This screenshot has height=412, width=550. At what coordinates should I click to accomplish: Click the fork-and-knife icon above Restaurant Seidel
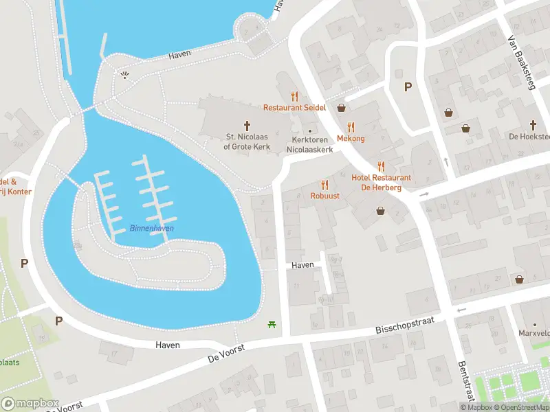coord(295,96)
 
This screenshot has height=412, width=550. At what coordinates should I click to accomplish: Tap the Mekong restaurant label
coord(351,138)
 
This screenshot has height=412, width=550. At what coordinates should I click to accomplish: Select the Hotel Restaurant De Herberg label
coord(380,177)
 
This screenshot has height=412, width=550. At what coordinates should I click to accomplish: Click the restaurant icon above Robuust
coord(324,184)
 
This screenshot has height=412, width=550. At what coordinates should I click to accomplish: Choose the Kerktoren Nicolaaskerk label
coord(309,144)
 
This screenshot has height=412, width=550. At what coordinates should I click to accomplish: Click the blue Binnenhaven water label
coord(151,228)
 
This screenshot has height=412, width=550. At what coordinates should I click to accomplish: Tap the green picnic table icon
coord(274,323)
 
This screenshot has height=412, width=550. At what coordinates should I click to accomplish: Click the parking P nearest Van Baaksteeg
coord(407,87)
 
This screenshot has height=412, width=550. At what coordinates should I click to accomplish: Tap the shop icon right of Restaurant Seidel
coord(342,108)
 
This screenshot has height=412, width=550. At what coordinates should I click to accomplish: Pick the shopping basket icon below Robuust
coord(380,211)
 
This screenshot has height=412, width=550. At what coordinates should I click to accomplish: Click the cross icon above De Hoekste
coord(533,124)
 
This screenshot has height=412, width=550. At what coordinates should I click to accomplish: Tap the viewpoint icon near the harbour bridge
coord(124,75)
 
